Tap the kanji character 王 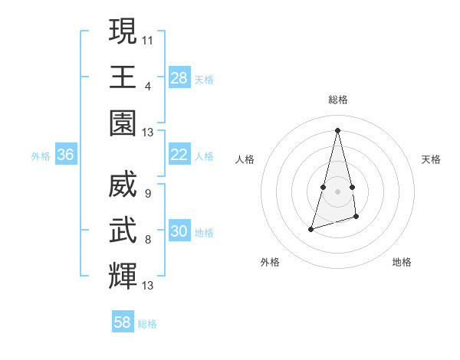click(x=123, y=77)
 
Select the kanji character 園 click(x=123, y=123)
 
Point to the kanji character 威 click(x=123, y=183)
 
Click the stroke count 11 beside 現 click(x=148, y=38)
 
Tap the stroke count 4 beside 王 click(x=147, y=86)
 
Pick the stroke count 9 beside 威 click(x=147, y=193)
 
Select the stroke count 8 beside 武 click(x=147, y=240)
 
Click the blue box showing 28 click(x=179, y=77)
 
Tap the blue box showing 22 click(x=179, y=155)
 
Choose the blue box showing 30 click(x=179, y=231)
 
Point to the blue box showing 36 click(x=66, y=155)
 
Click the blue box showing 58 click(x=123, y=322)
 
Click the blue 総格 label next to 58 click(x=147, y=324)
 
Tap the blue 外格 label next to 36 click(x=41, y=156)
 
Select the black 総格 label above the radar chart click(x=337, y=100)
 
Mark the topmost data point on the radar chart click(x=337, y=129)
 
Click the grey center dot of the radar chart click(x=337, y=191)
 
